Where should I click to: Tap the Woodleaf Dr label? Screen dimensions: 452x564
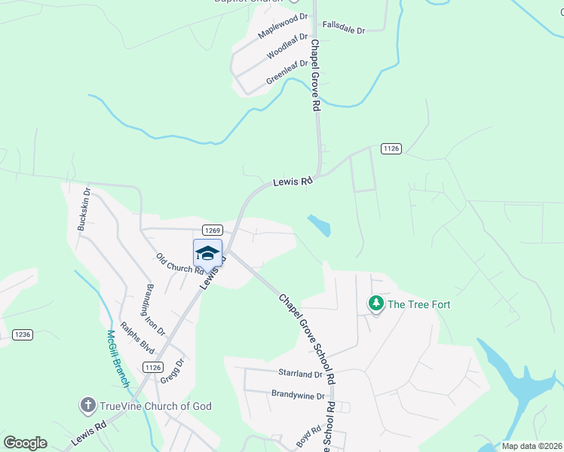pyautogui.click(x=287, y=47)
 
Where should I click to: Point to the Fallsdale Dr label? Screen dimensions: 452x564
pyautogui.click(x=343, y=26)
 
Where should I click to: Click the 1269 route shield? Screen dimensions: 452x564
pyautogui.click(x=211, y=230)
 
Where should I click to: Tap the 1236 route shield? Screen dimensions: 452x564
pyautogui.click(x=22, y=334)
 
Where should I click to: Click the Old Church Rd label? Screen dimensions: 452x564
pyautogui.click(x=180, y=264)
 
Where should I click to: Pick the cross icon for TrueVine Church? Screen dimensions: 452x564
pyautogui.click(x=87, y=406)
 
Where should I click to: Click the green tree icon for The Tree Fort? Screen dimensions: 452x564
pyautogui.click(x=375, y=304)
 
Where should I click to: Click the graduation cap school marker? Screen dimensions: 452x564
pyautogui.click(x=208, y=253)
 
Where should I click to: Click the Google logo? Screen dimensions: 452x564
pyautogui.click(x=25, y=443)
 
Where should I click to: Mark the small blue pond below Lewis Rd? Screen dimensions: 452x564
pyautogui.click(x=320, y=225)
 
